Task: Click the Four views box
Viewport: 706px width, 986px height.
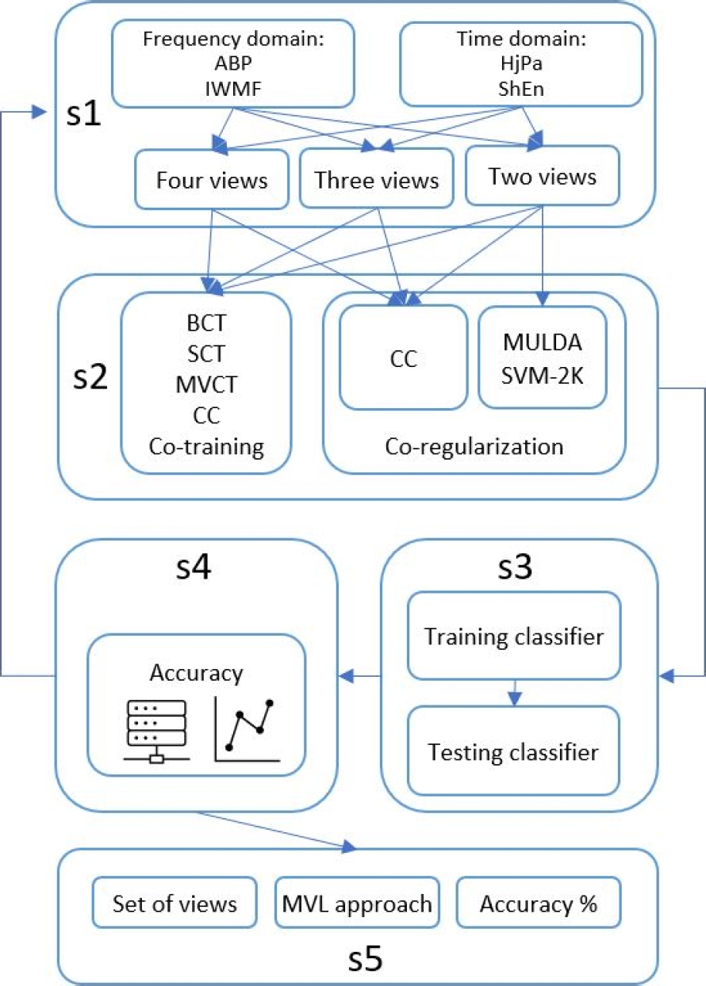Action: pos(211,180)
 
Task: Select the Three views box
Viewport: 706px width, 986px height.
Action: pos(376,180)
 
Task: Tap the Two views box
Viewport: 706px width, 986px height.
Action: pos(542,176)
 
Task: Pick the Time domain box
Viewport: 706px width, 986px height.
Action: pos(520,63)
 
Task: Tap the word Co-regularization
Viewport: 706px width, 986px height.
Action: pos(474,446)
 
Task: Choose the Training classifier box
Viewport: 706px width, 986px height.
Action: pos(512,636)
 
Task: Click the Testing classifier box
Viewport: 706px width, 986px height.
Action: pos(512,751)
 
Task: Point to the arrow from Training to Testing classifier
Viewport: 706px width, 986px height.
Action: pos(514,692)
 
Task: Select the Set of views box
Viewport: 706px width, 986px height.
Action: pos(175,903)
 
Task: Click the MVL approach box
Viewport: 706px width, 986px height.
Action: pos(357,903)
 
